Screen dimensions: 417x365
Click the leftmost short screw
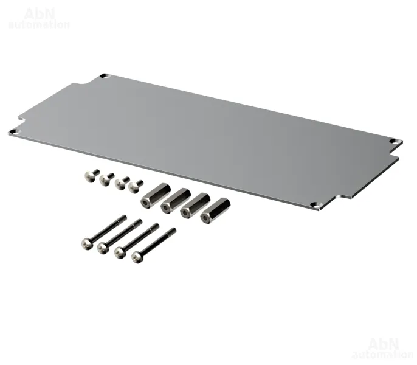[91, 175]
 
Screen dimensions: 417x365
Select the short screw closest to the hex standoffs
[136, 186]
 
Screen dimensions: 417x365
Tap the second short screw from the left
[106, 179]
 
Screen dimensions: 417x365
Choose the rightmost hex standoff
[215, 210]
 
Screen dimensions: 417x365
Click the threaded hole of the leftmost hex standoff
[146, 203]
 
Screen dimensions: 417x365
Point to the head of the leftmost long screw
[88, 243]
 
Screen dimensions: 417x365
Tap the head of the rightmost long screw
[137, 257]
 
